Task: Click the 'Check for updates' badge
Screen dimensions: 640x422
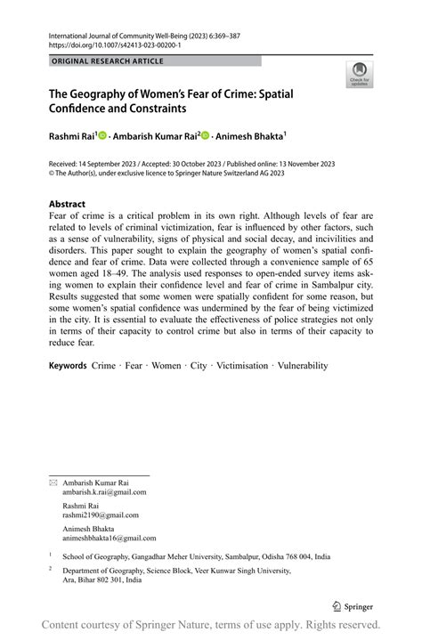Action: pyautogui.click(x=359, y=75)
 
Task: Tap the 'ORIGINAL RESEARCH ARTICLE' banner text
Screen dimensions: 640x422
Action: pyautogui.click(x=108, y=61)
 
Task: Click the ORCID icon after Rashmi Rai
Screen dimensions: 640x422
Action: pyautogui.click(x=102, y=136)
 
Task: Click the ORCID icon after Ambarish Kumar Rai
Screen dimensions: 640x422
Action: pyautogui.click(x=206, y=136)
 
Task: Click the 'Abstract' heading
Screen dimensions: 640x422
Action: pyautogui.click(x=67, y=204)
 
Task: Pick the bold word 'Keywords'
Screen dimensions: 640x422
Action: pyautogui.click(x=68, y=365)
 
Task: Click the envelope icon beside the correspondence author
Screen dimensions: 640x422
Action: pyautogui.click(x=53, y=482)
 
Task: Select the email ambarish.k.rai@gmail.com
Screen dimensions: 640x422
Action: pyautogui.click(x=104, y=492)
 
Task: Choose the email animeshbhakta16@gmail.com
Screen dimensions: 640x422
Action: pyautogui.click(x=109, y=538)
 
